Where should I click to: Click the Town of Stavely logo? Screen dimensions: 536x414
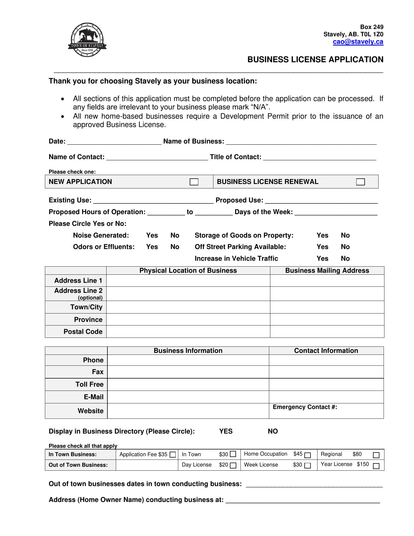click(x=87, y=40)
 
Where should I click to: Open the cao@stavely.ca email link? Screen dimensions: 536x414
click(x=358, y=42)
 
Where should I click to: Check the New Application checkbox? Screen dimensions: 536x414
click(x=194, y=182)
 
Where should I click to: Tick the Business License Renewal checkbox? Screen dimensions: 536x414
click(x=360, y=182)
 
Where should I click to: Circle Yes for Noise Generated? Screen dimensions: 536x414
click(x=152, y=235)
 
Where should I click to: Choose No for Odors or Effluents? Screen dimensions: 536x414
click(x=175, y=247)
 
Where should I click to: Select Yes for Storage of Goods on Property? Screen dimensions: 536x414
click(x=322, y=235)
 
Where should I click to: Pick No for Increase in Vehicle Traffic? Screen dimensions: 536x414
click(x=345, y=259)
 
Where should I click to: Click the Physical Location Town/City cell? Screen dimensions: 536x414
click(x=188, y=307)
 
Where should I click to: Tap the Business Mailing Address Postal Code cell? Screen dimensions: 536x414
click(x=327, y=332)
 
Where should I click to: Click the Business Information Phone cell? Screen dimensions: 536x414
click(x=188, y=360)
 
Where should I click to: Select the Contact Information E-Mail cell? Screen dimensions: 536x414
click(x=326, y=397)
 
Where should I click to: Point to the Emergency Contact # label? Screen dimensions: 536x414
click(x=305, y=407)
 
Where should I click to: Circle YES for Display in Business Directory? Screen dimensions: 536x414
click(x=226, y=431)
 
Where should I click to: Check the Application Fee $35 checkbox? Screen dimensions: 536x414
click(x=173, y=455)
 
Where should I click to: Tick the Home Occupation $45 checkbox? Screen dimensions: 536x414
click(x=307, y=455)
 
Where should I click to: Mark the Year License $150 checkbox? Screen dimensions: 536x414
click(x=376, y=466)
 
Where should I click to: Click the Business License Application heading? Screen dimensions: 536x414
click(x=315, y=59)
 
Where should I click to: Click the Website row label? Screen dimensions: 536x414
click(x=90, y=411)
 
